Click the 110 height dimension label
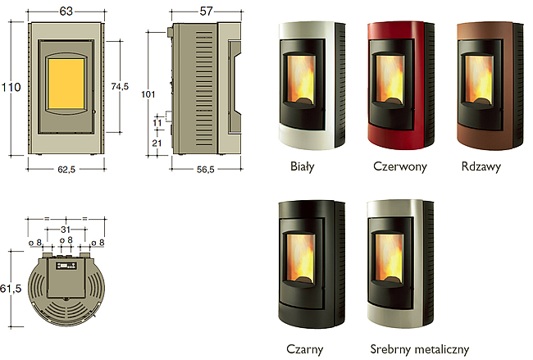[x=11, y=88]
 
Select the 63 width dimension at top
[x=66, y=11]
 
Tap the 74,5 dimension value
[x=120, y=87]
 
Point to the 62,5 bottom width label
[x=66, y=169]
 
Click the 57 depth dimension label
[x=206, y=11]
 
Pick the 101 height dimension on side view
[x=148, y=94]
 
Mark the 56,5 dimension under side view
[x=206, y=169]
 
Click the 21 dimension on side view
[x=157, y=144]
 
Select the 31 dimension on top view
[x=66, y=230]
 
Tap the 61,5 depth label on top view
[x=11, y=289]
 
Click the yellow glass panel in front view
[x=66, y=84]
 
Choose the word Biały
[x=303, y=166]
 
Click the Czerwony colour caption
[x=400, y=166]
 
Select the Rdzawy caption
[x=481, y=166]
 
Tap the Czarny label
[x=304, y=349]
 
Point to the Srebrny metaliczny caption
[x=420, y=349]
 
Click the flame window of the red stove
[x=389, y=79]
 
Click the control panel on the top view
[x=66, y=266]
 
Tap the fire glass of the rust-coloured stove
[x=479, y=79]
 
